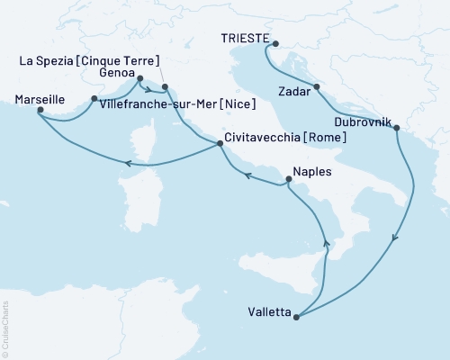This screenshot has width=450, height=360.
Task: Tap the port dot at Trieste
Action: [275, 43]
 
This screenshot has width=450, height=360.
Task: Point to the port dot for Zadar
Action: [317, 87]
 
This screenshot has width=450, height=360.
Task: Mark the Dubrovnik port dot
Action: [396, 128]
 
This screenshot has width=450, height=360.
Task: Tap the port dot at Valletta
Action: [296, 315]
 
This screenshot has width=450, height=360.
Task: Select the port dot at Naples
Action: [288, 179]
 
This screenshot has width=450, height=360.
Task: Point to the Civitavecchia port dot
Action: [219, 144]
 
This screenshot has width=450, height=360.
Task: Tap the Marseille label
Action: [40, 102]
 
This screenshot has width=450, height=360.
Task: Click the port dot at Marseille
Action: [38, 112]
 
